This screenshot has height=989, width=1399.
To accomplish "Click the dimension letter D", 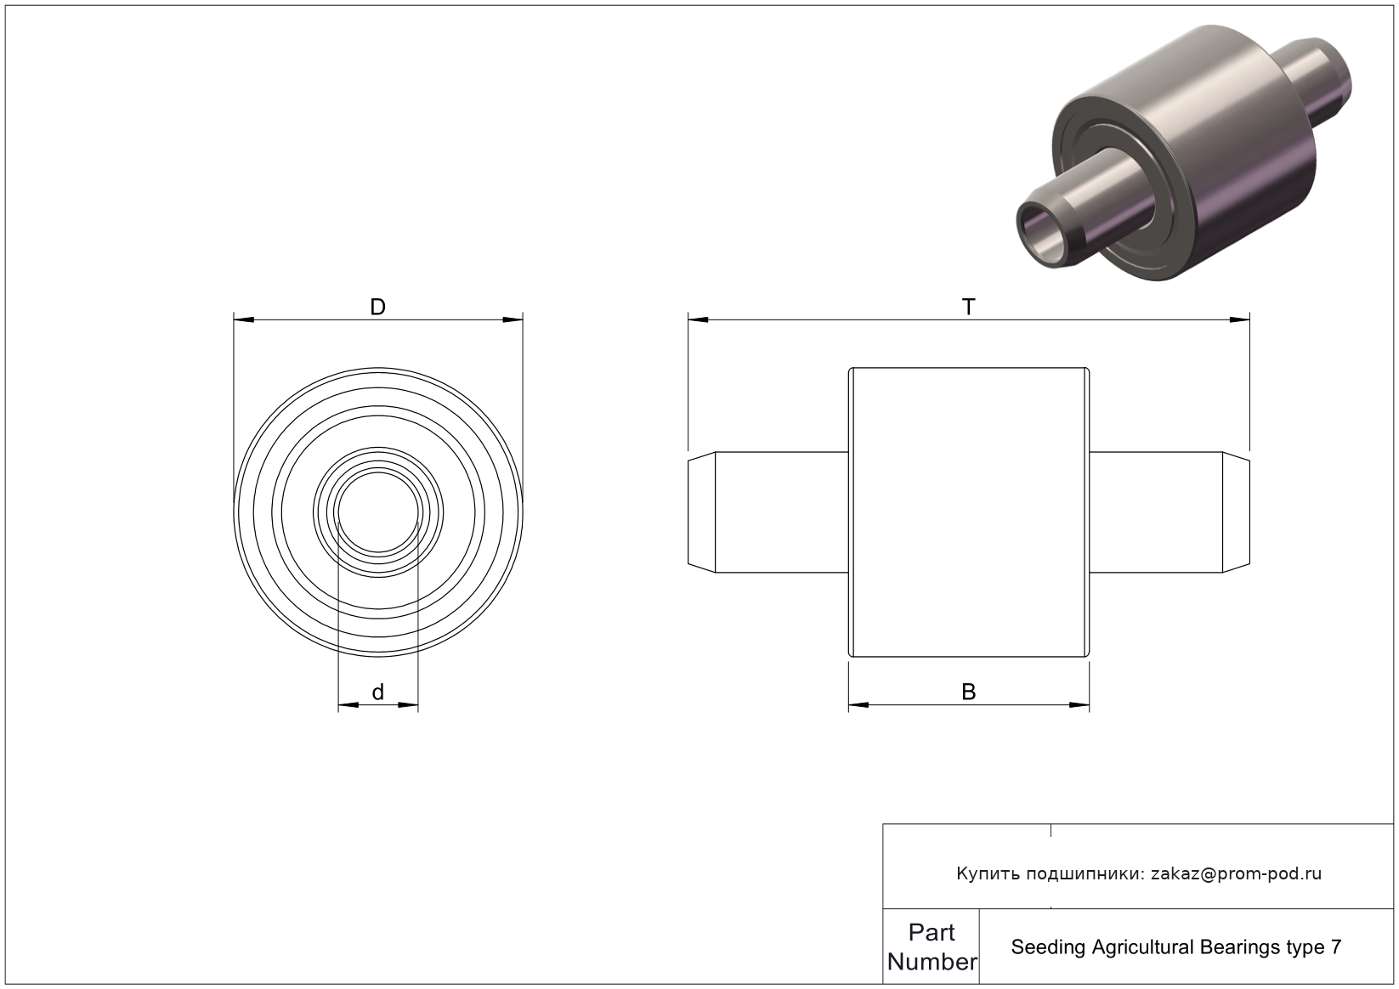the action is click(x=378, y=308).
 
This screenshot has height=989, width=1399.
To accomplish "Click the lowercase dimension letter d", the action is click(x=378, y=692).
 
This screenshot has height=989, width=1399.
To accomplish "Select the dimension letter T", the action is click(x=968, y=308).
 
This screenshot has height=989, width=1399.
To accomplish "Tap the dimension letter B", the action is click(x=969, y=692).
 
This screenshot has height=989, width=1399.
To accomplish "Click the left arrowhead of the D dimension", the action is click(x=244, y=320).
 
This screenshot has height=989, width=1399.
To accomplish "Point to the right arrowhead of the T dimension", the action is click(x=1240, y=320).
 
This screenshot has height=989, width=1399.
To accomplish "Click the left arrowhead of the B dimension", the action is click(x=858, y=705).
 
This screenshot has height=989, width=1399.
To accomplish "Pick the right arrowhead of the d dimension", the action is click(x=408, y=705).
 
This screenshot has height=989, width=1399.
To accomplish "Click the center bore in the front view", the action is click(x=378, y=512).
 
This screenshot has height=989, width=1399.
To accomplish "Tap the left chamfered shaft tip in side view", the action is click(x=701, y=512).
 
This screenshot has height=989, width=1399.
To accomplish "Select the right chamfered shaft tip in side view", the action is click(x=1236, y=512).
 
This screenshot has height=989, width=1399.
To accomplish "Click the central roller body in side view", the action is click(x=969, y=512).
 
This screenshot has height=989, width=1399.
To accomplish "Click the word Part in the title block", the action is click(x=932, y=933).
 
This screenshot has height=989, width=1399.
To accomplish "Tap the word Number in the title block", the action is click(x=932, y=962).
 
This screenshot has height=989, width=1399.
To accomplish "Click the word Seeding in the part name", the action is click(x=1049, y=948).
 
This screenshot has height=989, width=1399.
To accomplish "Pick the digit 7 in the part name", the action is click(x=1336, y=947).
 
